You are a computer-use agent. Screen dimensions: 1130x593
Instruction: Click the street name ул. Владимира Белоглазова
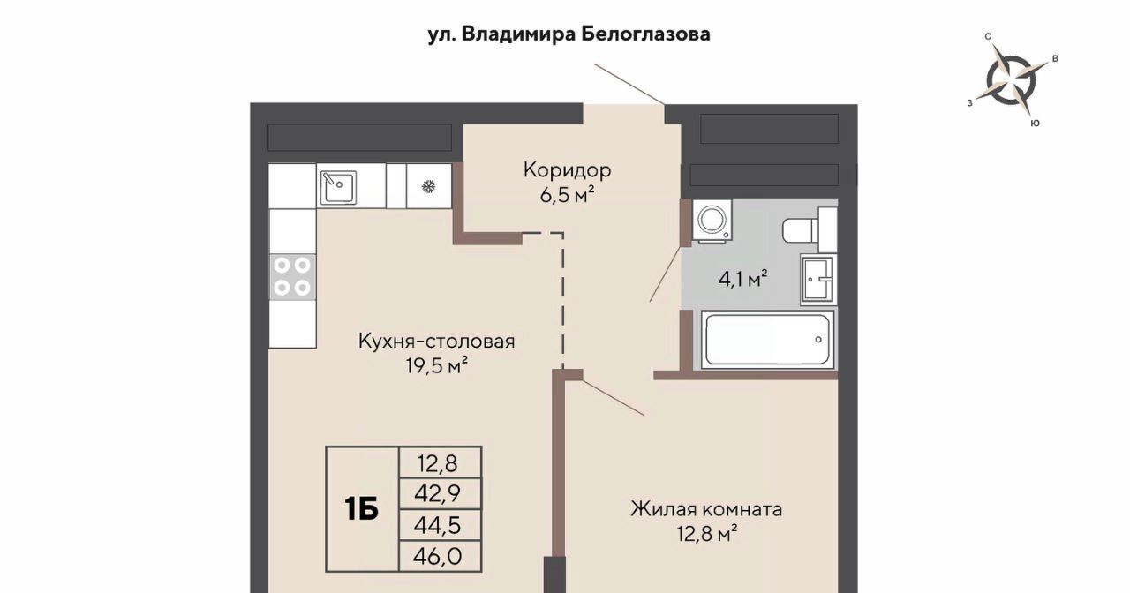tap(569, 34)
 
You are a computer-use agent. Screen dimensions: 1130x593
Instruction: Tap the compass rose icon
tap(1011, 80)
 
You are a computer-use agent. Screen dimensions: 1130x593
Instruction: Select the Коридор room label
tap(567, 170)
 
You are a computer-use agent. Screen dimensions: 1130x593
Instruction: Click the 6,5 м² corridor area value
tap(567, 195)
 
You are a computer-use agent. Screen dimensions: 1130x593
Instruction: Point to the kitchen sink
tap(338, 186)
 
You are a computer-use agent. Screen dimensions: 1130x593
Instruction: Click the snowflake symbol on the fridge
tap(429, 187)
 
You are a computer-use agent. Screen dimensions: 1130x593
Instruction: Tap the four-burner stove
tap(292, 277)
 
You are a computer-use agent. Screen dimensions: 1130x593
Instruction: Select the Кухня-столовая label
tap(437, 342)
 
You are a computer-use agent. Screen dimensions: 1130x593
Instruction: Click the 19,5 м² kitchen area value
tap(437, 365)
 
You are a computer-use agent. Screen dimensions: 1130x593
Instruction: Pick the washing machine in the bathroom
tap(712, 221)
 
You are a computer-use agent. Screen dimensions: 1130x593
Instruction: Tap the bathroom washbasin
tap(818, 280)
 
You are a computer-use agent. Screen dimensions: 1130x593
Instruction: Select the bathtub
tap(767, 340)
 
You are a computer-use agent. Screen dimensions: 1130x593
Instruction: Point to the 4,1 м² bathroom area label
tap(743, 278)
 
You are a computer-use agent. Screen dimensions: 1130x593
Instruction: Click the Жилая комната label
tap(706, 509)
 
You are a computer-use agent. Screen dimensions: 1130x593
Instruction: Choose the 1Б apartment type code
tap(362, 509)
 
